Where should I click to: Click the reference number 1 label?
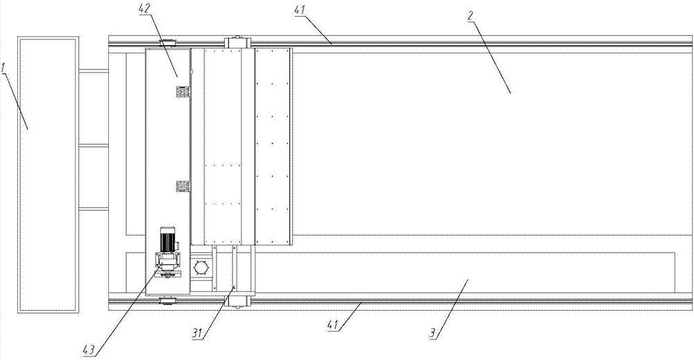tap(3, 69)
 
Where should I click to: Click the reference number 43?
tap(89, 351)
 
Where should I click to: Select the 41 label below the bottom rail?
tap(332, 325)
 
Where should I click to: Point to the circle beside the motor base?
tap(201, 268)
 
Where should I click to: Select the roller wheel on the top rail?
tap(168, 42)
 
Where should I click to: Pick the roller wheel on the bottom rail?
tap(168, 302)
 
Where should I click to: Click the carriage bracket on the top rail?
tap(239, 42)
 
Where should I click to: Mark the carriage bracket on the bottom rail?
tap(239, 301)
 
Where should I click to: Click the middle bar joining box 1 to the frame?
tap(94, 144)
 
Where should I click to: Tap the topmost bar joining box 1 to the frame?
tap(94, 70)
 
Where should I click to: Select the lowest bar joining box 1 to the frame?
tap(94, 209)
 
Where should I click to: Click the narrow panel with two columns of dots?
tap(273, 147)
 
